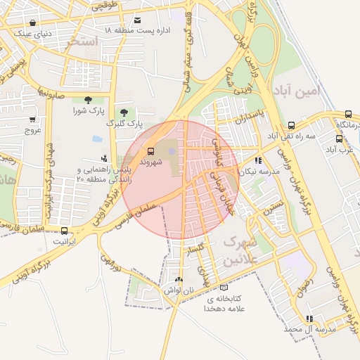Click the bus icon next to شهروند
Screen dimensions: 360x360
point(150,150)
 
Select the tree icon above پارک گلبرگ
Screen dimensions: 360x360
point(124,112)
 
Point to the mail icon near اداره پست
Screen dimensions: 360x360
point(137,20)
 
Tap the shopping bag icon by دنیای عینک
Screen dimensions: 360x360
point(33,22)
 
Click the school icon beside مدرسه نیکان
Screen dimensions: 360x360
point(259,160)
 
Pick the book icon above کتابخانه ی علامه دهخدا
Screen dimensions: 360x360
point(224,287)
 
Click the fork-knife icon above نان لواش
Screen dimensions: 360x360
point(178,279)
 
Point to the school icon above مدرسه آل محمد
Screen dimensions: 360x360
point(309,318)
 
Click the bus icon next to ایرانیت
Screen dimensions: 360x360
point(65,230)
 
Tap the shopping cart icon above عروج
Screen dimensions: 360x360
point(33,120)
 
